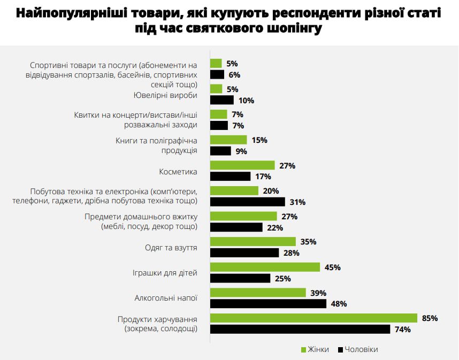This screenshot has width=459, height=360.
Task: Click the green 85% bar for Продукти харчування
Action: tap(313, 318)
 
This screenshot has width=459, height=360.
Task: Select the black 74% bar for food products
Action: tap(300, 329)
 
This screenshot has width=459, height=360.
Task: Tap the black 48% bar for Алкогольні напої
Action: tap(268, 304)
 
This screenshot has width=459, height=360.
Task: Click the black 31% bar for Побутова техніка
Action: tap(247, 202)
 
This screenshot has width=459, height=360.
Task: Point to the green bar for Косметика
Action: tap(242, 166)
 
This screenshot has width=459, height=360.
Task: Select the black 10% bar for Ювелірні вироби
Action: tap(222, 100)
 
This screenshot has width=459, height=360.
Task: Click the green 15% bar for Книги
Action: tap(228, 140)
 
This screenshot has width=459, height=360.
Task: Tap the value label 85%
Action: tap(430, 318)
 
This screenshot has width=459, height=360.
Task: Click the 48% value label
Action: tap(339, 304)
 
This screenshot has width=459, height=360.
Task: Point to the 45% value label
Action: tap(333, 267)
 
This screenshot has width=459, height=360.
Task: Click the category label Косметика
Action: tap(178, 172)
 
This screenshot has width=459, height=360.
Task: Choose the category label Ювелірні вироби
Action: tap(165, 95)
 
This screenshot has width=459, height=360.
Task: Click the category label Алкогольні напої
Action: tap(166, 298)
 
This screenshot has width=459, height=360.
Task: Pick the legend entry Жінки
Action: tap(315, 349)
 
